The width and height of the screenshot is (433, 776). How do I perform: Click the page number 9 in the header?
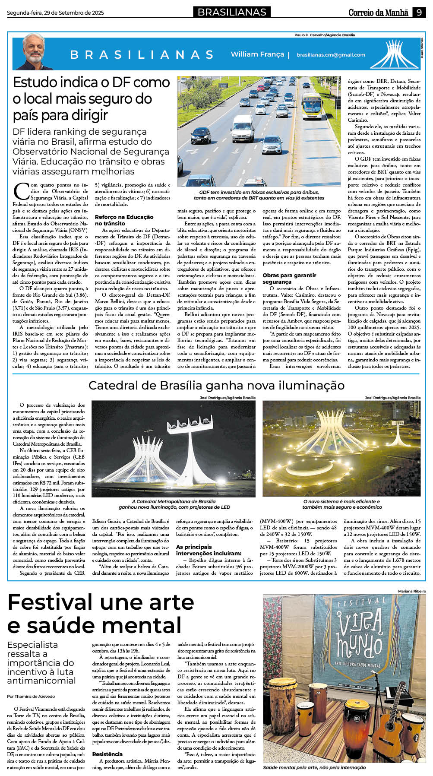(419, 13)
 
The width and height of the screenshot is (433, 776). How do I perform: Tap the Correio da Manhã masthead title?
(378, 13)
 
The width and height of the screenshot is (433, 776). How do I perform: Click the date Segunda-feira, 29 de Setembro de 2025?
(55, 13)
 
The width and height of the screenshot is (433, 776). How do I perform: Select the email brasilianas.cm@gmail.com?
(331, 55)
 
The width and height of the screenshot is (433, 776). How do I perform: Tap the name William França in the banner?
(257, 54)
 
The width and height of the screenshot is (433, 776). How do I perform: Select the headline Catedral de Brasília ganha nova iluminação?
(216, 385)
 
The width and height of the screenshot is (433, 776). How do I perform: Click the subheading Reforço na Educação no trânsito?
(124, 220)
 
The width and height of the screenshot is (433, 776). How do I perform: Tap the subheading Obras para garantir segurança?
(289, 279)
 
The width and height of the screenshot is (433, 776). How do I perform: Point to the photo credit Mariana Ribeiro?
(412, 591)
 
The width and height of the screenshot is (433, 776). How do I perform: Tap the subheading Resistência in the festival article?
(107, 754)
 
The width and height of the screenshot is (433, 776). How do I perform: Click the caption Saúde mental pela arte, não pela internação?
(314, 767)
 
